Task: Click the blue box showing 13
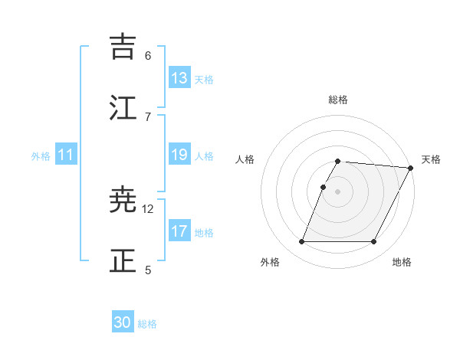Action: (x=179, y=78)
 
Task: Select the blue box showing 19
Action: (x=179, y=155)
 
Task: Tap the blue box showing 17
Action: (x=179, y=231)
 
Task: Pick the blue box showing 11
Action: (x=66, y=155)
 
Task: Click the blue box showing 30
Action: (x=123, y=323)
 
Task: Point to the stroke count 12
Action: (x=148, y=208)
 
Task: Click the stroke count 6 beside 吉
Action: (x=148, y=55)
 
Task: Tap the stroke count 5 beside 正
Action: (x=148, y=269)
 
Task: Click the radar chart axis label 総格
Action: (x=338, y=100)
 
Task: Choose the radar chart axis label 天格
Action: (x=431, y=159)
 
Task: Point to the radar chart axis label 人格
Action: (x=245, y=159)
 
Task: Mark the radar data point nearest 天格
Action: (x=411, y=168)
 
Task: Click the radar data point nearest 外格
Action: (x=301, y=242)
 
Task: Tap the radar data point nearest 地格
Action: (x=374, y=242)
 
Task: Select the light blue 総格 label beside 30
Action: (x=147, y=324)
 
